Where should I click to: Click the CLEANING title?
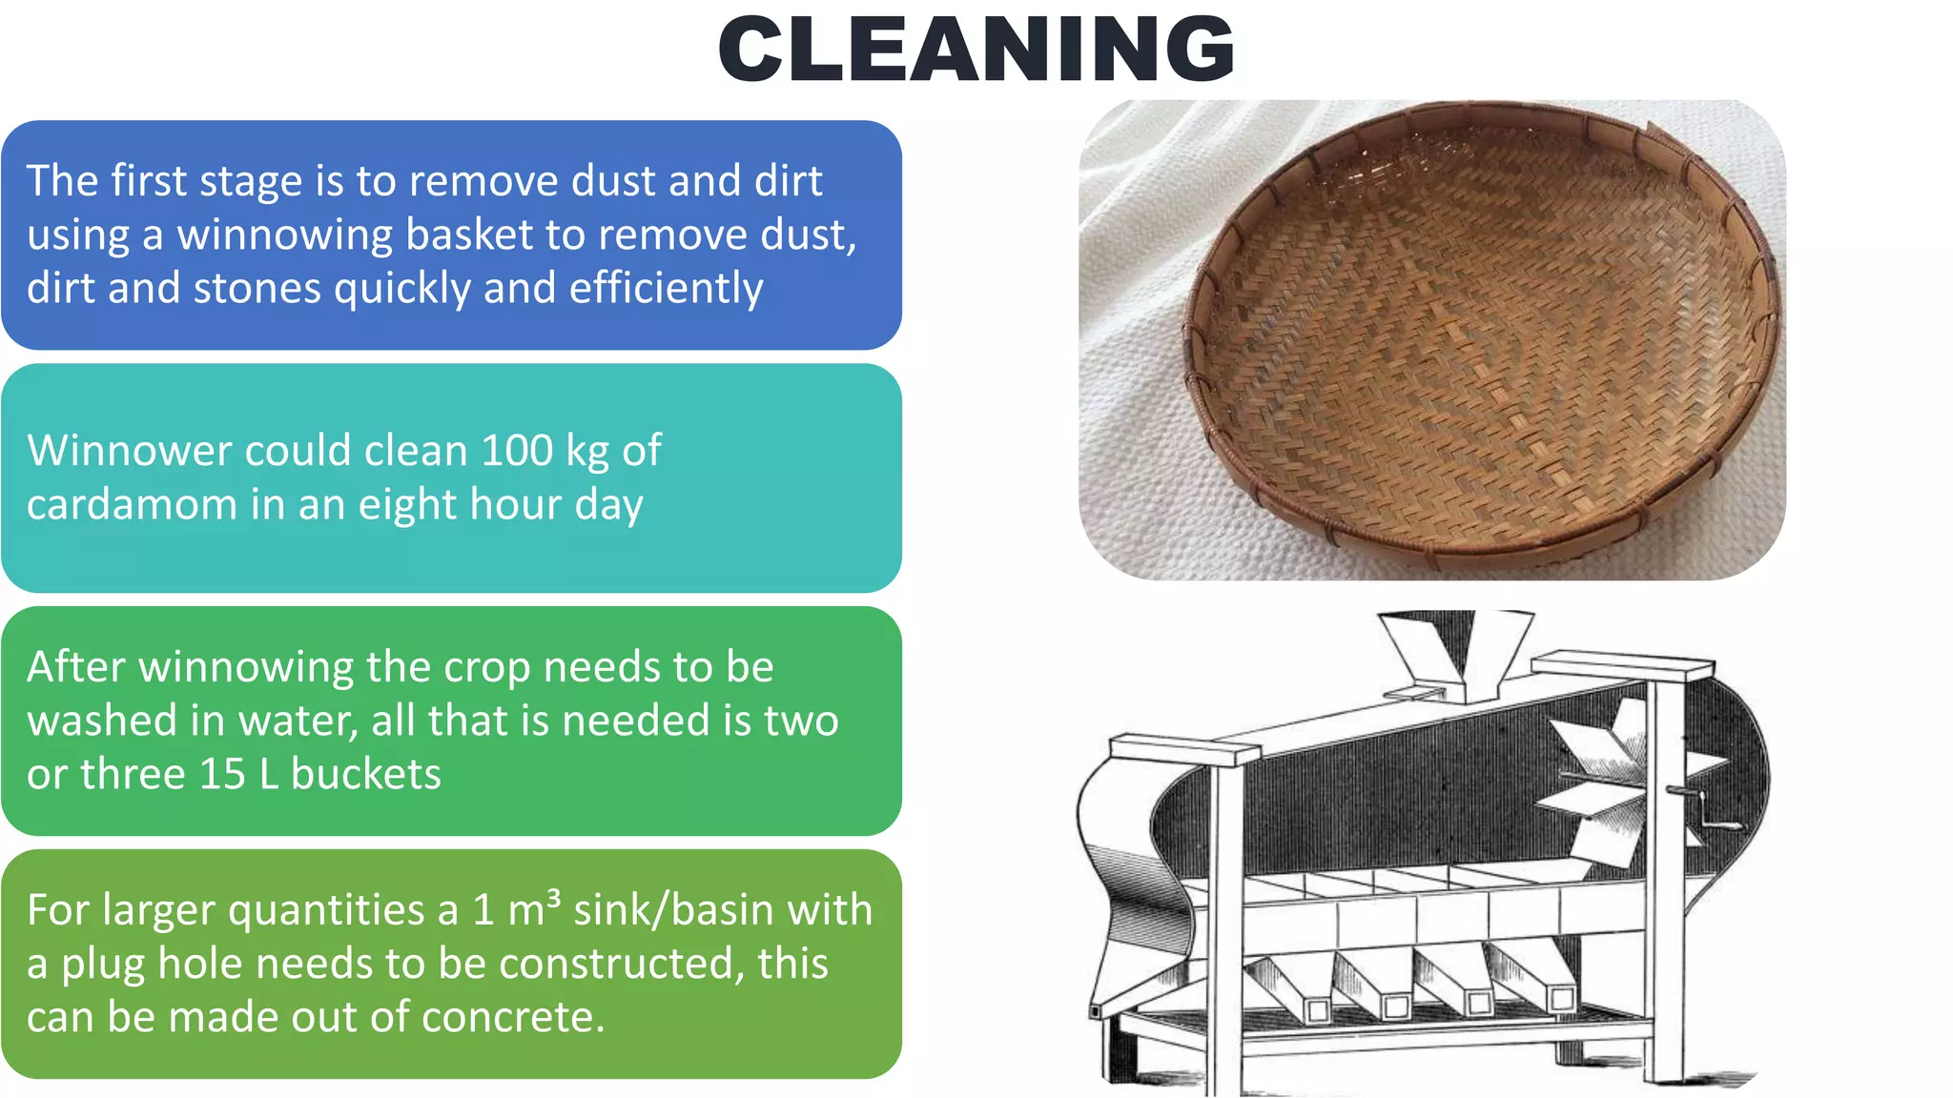pyautogui.click(x=976, y=50)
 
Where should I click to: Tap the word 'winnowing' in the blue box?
pyautogui.click(x=285, y=235)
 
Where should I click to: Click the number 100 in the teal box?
pyautogui.click(x=517, y=451)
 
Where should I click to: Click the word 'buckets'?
pyautogui.click(x=366, y=774)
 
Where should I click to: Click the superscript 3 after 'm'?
pyautogui.click(x=554, y=899)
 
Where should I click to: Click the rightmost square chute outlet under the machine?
pyautogui.click(x=1562, y=998)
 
